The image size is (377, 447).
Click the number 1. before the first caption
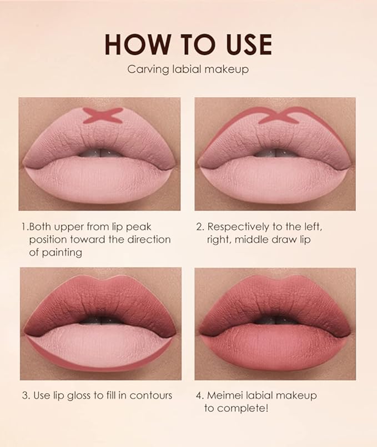click(x=25, y=227)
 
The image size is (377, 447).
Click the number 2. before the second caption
click(x=200, y=227)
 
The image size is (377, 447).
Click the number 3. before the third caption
click(x=26, y=395)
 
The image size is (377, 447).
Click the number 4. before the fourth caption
click(x=200, y=395)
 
